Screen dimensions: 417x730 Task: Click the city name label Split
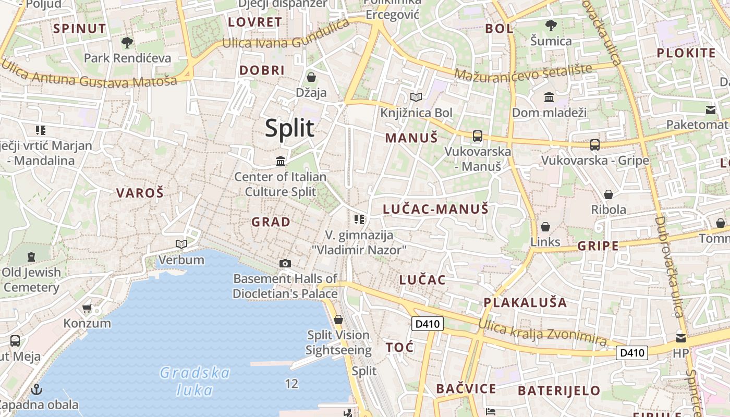coord(289,128)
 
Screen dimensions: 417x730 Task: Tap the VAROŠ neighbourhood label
coord(140,193)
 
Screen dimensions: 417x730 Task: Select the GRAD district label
coord(271,222)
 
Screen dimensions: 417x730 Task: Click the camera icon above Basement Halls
coord(285,263)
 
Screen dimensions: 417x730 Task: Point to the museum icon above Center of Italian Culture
coord(281,161)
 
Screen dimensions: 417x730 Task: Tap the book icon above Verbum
coord(181,244)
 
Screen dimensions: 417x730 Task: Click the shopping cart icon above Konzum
coord(87,308)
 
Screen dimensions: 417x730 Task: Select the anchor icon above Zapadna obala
coord(36,389)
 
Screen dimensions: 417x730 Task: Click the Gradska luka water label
coord(194,381)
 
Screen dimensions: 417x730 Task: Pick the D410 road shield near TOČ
coord(427,324)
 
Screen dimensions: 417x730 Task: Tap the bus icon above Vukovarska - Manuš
coord(477,136)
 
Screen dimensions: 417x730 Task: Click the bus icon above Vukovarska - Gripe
coord(594,144)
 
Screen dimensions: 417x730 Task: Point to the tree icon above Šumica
coord(551,25)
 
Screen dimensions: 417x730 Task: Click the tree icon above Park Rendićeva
coord(127,42)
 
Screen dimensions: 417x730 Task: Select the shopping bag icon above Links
coord(545,227)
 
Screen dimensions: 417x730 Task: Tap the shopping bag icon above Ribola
coord(608,194)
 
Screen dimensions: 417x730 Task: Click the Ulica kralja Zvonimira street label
coord(542,333)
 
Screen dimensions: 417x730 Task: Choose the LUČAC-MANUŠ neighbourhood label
coord(435,210)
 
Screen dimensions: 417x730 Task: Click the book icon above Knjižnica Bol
coord(416,97)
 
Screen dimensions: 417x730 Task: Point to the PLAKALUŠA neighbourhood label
coord(525,302)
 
